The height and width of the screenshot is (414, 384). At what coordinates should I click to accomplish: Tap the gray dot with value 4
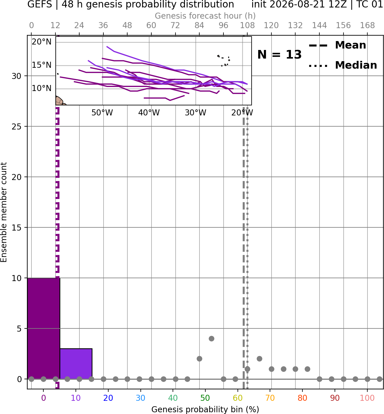pos(211,338)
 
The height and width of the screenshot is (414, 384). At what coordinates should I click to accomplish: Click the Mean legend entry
pos(337,45)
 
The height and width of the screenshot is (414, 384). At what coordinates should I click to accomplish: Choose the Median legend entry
pos(343,65)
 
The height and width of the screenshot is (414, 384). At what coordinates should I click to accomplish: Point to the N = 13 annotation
pos(279,55)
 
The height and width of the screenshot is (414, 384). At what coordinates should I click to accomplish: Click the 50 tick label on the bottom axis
pos(205,398)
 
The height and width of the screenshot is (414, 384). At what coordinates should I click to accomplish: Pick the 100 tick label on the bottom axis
pos(367,398)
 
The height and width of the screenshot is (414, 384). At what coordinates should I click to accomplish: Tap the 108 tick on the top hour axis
pos(247,26)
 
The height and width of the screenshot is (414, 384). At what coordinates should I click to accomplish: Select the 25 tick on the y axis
pos(17,127)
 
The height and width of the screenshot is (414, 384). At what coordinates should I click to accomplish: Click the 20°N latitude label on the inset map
pos(42,42)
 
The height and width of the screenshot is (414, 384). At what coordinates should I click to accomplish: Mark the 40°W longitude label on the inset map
pos(149,113)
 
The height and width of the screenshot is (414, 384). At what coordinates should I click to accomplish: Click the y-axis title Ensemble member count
pos(3,212)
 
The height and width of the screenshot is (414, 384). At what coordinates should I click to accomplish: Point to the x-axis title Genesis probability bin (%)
pos(205,409)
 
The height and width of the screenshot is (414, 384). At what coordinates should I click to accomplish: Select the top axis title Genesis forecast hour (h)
pos(205,16)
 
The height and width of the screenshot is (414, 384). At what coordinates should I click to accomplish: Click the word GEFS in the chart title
pos(40,4)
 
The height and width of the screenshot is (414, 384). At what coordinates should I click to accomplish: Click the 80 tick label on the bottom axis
pos(302,398)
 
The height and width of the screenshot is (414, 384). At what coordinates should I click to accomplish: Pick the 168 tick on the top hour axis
pos(367,26)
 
